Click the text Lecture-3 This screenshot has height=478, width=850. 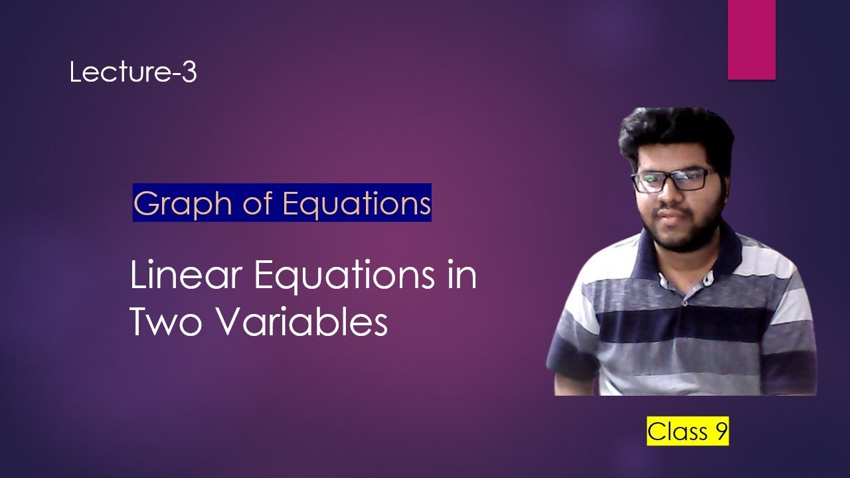(133, 72)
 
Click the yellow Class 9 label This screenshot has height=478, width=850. (688, 432)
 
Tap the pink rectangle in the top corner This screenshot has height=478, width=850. (751, 40)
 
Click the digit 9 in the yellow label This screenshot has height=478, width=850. (721, 432)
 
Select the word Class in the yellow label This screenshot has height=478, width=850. (678, 432)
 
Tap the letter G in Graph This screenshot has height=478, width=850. (146, 203)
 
